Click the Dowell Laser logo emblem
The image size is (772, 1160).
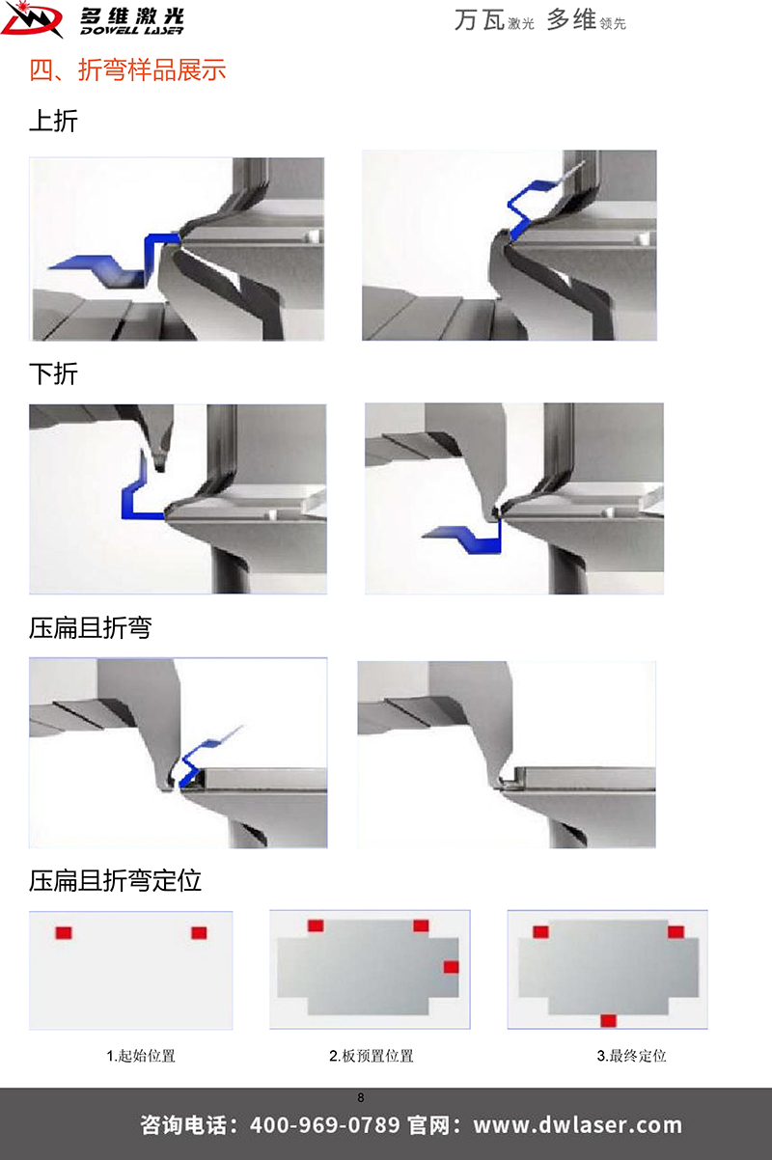32,20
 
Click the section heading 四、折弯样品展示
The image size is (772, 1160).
127,69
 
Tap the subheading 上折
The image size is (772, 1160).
53,121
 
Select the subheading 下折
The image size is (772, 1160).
53,373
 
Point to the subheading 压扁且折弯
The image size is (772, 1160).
90,627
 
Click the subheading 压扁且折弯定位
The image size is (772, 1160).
115,880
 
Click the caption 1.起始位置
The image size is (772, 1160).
141,1056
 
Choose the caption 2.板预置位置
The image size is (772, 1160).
372,1056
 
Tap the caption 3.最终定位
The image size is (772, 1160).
632,1056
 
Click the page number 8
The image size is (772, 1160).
361,1097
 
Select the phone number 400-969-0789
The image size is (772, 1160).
324,1125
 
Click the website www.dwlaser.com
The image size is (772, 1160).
577,1125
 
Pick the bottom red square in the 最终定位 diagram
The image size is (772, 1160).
608,1021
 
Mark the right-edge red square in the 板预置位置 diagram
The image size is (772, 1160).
451,967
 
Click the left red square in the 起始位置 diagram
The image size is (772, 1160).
64,933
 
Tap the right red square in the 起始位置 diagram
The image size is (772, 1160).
200,933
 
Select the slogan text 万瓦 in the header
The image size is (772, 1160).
480,20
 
